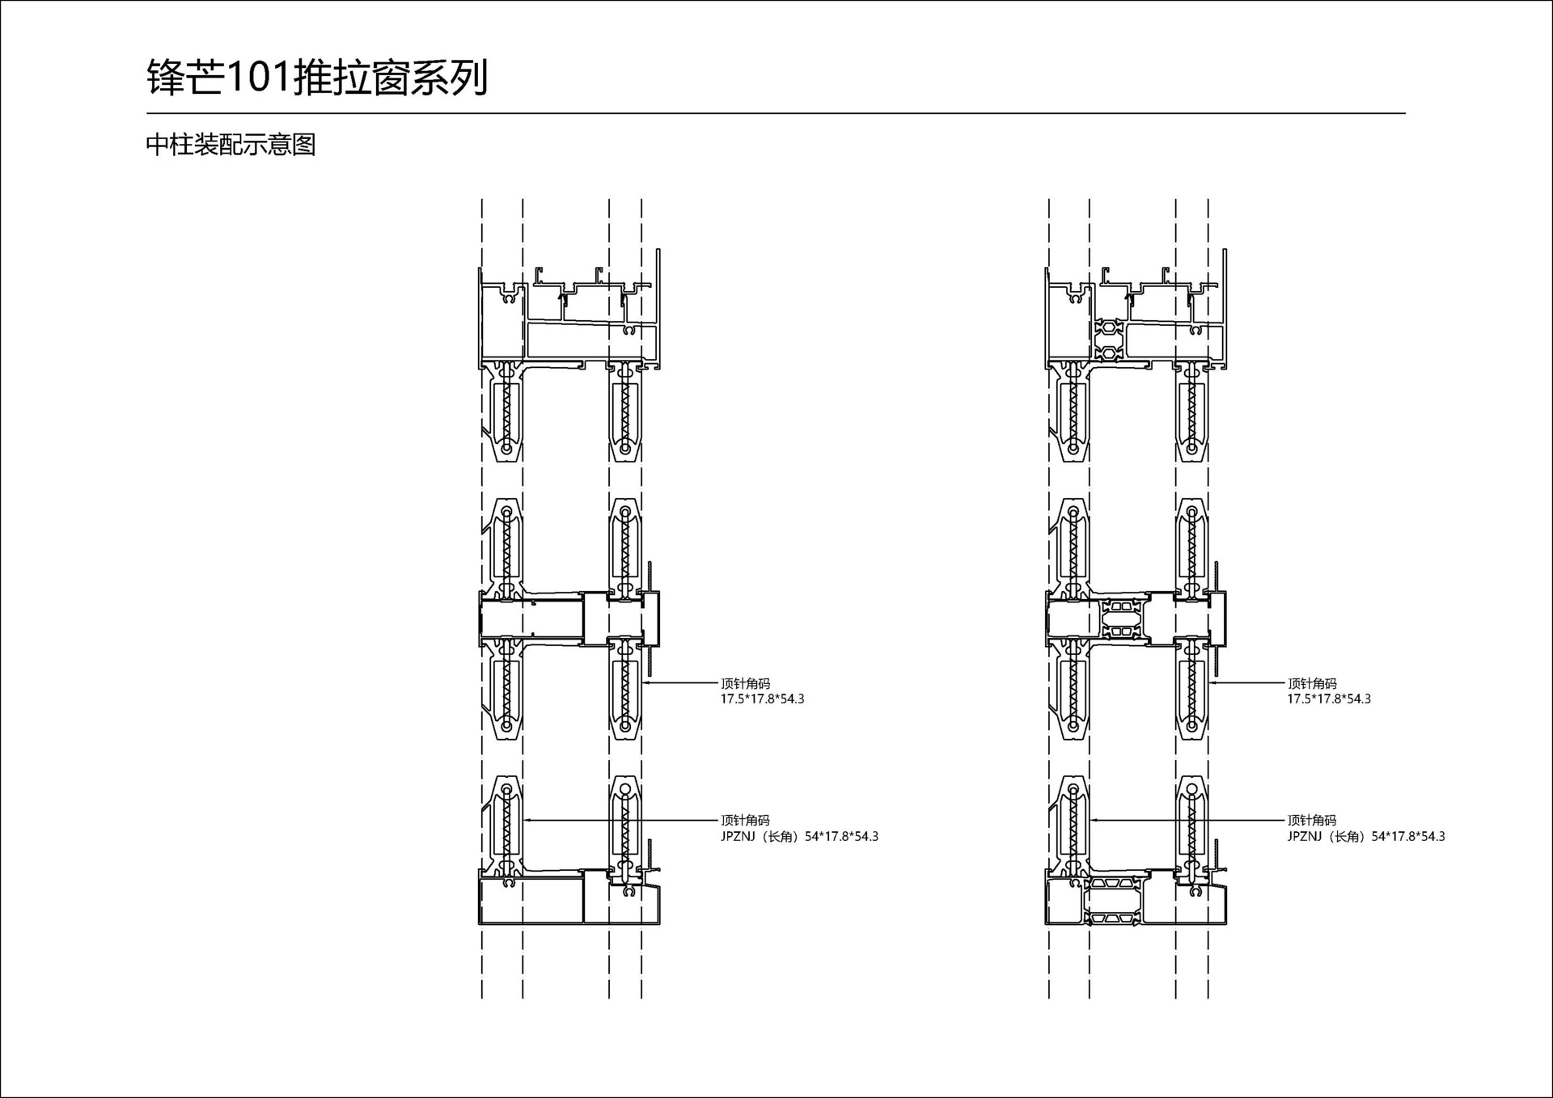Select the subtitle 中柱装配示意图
pos(231,145)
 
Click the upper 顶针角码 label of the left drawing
pos(745,683)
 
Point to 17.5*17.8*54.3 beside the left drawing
pos(762,699)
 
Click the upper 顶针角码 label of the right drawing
pos(1312,683)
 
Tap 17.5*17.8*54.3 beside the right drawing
pos(1329,699)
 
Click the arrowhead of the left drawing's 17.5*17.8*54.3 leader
pos(645,683)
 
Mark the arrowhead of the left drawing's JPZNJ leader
pos(527,820)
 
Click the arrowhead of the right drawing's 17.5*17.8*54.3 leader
pos(1212,683)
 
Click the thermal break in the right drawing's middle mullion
pos(1121,619)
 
